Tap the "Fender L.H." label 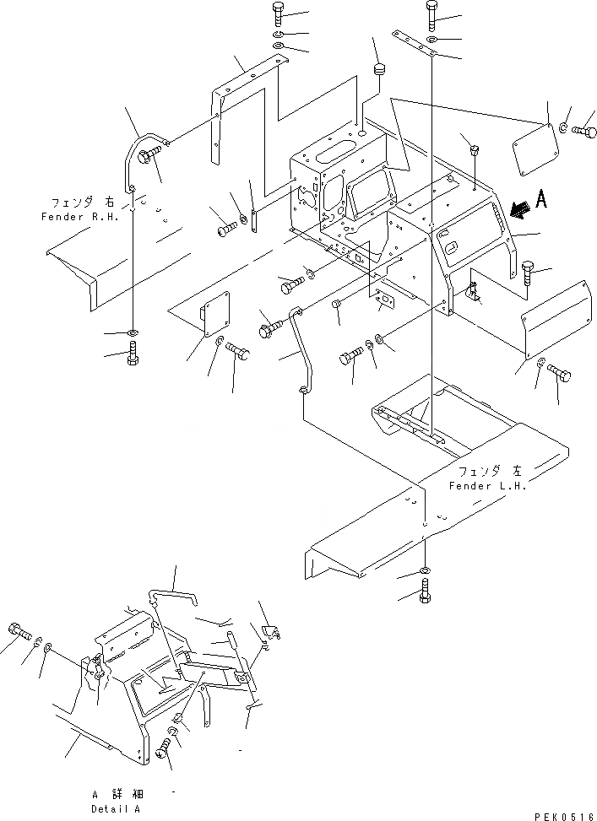click(x=487, y=487)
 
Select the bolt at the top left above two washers click(x=280, y=14)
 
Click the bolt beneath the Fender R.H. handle click(x=133, y=358)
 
